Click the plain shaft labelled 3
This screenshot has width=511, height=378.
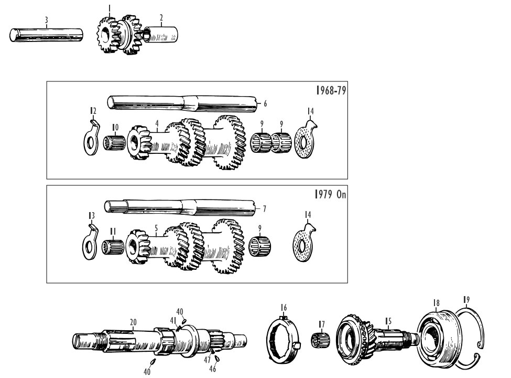tap(46, 35)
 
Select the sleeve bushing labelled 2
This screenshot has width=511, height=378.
tap(161, 35)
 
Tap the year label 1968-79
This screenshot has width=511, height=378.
tap(331, 90)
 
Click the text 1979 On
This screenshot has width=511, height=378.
tap(331, 195)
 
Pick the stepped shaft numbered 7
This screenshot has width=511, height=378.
tap(180, 207)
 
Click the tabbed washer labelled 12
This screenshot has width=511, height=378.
tap(91, 138)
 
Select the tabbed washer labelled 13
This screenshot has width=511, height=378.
tap(90, 241)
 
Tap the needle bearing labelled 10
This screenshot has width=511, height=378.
tap(114, 143)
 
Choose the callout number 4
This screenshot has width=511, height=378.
tap(157, 123)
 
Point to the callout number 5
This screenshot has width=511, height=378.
tap(156, 227)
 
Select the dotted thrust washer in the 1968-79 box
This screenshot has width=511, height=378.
tap(306, 139)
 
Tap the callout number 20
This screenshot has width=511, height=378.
tap(133, 322)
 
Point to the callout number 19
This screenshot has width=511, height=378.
tap(466, 299)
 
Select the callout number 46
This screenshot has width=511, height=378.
tap(212, 369)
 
